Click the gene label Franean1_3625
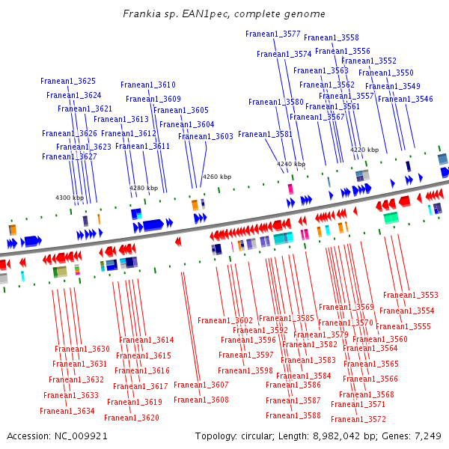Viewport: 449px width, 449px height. click(68, 81)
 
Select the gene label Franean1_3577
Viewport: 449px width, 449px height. click(273, 34)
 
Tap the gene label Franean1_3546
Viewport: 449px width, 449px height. click(405, 99)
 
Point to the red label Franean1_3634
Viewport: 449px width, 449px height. click(67, 411)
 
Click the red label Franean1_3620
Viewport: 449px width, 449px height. click(132, 418)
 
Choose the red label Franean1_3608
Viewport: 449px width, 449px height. click(201, 400)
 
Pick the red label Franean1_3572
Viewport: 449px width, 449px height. click(358, 419)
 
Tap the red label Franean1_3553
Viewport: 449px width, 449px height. click(412, 295)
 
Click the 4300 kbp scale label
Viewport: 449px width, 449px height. click(70, 198)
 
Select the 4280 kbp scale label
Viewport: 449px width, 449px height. click(144, 188)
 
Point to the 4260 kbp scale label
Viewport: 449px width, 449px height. click(217, 177)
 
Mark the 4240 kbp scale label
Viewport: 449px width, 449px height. click(291, 163)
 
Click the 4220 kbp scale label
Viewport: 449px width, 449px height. click(364, 150)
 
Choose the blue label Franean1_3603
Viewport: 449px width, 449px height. click(206, 136)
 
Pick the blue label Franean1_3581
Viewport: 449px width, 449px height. click(265, 134)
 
